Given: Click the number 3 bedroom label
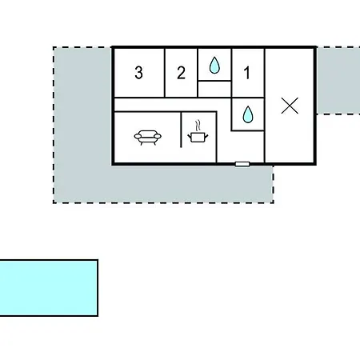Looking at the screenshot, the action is [x=138, y=73].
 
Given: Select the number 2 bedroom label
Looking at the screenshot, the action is [x=181, y=73].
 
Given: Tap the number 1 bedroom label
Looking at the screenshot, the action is [x=247, y=73].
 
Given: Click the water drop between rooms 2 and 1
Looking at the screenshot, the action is [x=214, y=65].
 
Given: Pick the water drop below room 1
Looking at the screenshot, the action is [x=248, y=114].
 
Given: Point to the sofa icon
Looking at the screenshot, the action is [x=147, y=138].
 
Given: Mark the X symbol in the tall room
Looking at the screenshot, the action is [x=290, y=106].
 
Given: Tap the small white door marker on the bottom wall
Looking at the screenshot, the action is [x=242, y=164].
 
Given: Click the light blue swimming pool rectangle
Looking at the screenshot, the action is [x=49, y=288].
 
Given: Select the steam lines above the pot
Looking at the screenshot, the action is [x=198, y=126].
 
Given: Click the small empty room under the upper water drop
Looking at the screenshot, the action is [x=214, y=89].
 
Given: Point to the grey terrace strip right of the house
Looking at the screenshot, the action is [x=338, y=81].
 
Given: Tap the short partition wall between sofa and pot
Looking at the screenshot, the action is [x=181, y=130].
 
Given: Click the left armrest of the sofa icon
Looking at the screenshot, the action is [x=138, y=136].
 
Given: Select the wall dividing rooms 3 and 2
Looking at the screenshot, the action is [x=165, y=73].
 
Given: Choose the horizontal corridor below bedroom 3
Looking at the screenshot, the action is [x=172, y=104].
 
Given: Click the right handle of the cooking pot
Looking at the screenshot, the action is [x=206, y=137].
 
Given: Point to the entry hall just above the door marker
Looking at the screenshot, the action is [x=241, y=146].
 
